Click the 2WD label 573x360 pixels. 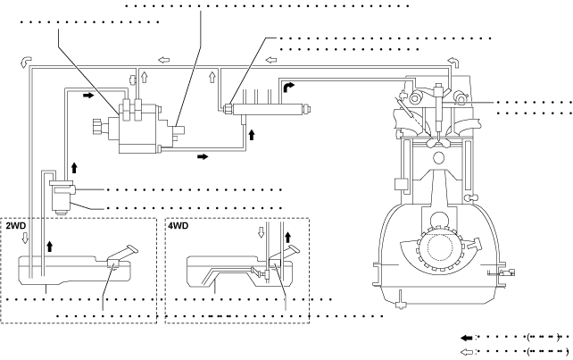(16, 225)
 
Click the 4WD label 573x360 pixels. (179, 225)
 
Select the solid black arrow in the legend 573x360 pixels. (467, 338)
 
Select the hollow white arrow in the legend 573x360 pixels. (467, 352)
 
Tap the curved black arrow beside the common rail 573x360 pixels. (288, 87)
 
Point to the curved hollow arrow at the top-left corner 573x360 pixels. (26, 62)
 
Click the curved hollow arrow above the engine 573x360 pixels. (453, 62)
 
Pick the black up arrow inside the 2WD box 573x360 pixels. (50, 247)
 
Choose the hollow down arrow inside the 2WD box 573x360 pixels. (25, 238)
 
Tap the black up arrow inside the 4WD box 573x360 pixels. (287, 237)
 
